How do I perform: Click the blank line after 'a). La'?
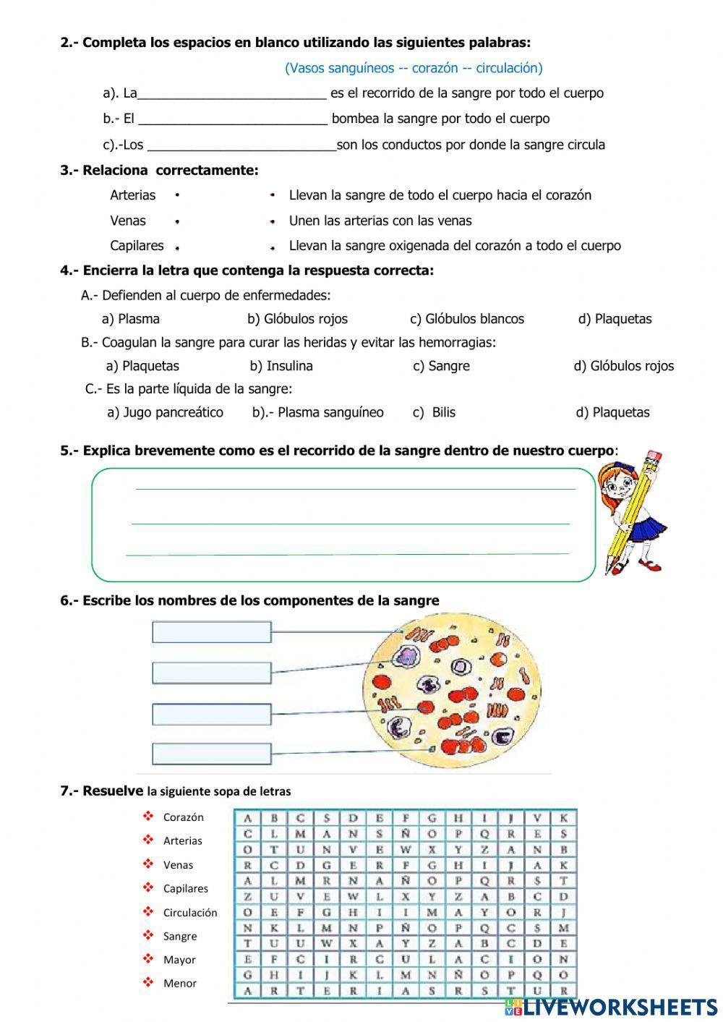point(231,95)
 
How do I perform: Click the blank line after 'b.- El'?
point(233,120)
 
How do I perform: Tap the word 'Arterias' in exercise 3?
point(132,195)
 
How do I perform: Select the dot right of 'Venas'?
point(177,222)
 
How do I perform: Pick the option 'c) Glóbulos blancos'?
point(467,319)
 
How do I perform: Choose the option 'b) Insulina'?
point(281,366)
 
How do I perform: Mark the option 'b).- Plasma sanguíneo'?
point(318,412)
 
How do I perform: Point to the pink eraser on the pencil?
point(652,459)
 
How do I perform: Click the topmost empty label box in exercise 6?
point(211,632)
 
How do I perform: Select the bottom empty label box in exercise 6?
point(211,754)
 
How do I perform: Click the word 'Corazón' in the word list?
point(184,817)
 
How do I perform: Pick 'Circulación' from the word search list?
point(190,913)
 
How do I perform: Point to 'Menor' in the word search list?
point(180,984)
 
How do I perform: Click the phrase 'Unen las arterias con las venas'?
point(380,221)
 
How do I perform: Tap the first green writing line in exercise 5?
point(354,488)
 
